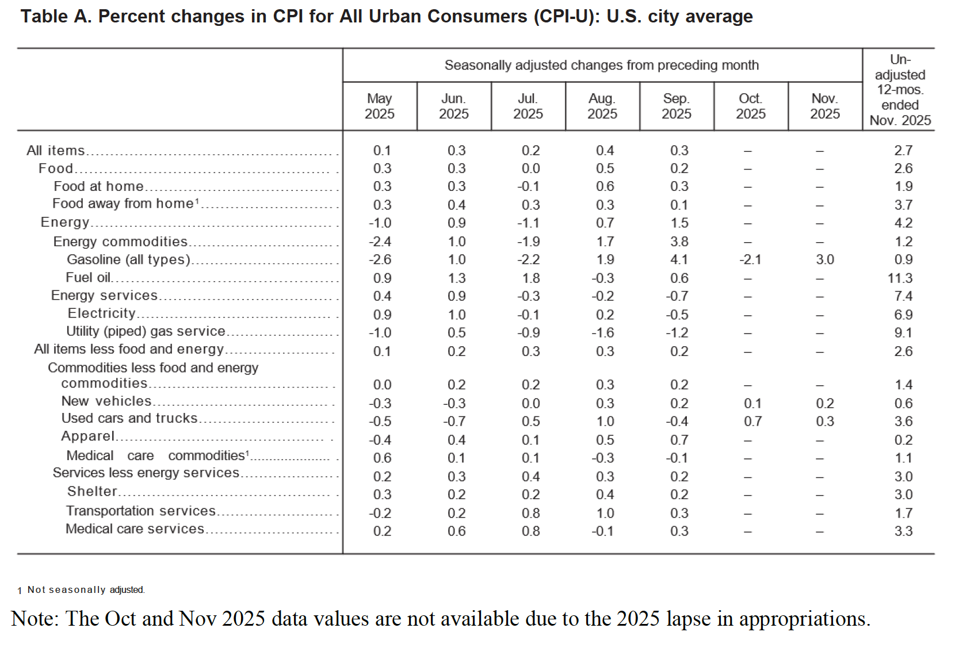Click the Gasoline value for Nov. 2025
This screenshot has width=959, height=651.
824,259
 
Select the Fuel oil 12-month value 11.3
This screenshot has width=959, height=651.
900,278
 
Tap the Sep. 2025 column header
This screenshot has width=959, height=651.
676,106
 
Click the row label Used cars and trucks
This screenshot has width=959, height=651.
129,418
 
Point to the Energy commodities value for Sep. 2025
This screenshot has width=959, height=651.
679,242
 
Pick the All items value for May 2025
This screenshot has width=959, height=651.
382,151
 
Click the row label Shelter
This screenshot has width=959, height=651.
92,491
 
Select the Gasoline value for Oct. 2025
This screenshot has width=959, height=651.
750,259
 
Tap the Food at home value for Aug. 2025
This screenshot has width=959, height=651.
605,186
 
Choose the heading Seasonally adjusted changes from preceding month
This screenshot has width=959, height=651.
601,65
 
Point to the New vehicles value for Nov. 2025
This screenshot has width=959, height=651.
824,403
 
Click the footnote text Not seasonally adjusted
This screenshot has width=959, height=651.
86,589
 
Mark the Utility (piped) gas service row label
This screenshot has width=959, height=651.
146,331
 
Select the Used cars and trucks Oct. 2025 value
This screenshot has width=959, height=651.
752,422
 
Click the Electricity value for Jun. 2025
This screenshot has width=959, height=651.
456,315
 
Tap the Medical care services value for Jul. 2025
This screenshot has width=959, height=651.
530,531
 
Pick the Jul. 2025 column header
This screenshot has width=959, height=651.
528,106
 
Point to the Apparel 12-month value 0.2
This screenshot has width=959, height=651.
903,440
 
